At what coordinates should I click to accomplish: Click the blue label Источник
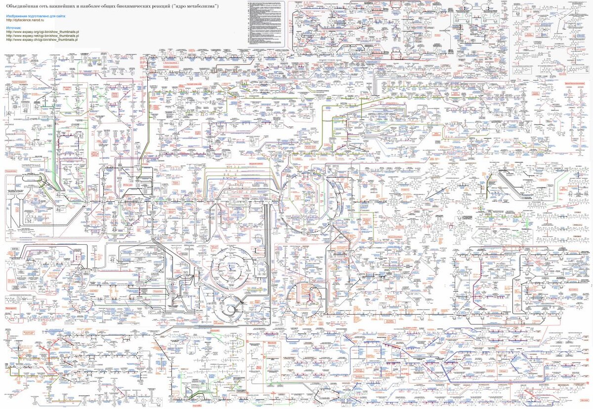pyautogui.click(x=14, y=28)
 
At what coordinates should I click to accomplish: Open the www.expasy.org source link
pyautogui.click(x=42, y=32)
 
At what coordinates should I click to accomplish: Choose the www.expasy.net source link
pyautogui.click(x=42, y=36)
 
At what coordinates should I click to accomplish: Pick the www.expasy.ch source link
pyautogui.click(x=42, y=40)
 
